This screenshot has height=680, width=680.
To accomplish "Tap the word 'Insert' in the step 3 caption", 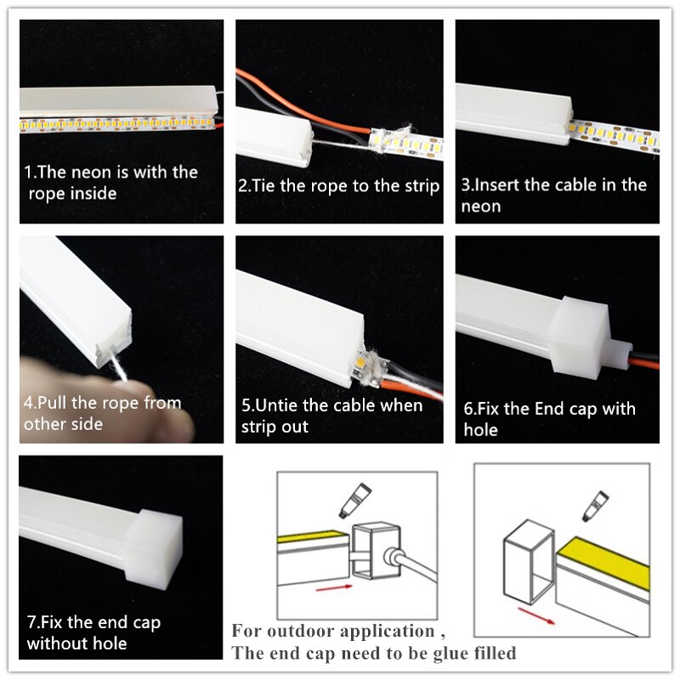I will [x=499, y=185].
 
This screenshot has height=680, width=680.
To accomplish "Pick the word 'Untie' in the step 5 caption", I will [x=278, y=405].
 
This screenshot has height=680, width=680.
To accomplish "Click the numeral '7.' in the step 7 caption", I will [x=31, y=623].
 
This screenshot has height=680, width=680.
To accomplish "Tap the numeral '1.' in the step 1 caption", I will [x=29, y=173].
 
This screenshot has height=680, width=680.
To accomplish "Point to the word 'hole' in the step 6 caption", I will [x=481, y=430].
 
